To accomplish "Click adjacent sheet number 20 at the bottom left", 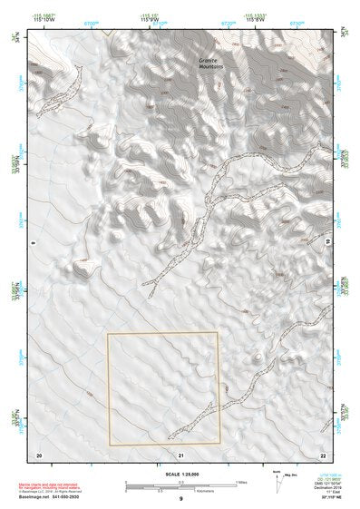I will (39, 453).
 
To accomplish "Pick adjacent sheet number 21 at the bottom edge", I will (181, 453).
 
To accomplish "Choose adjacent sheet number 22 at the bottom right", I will (322, 453).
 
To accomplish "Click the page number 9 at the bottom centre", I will (180, 499).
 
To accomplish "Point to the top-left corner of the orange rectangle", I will (108, 334).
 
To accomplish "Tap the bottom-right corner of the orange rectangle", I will (219, 445).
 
